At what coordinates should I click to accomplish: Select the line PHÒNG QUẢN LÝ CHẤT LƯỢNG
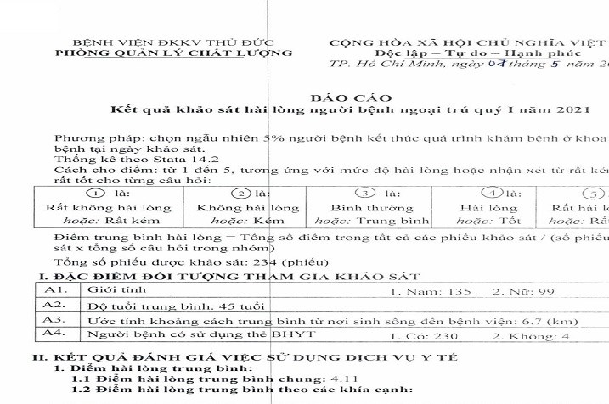[x=172, y=53]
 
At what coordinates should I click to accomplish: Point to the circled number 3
[x=364, y=194]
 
